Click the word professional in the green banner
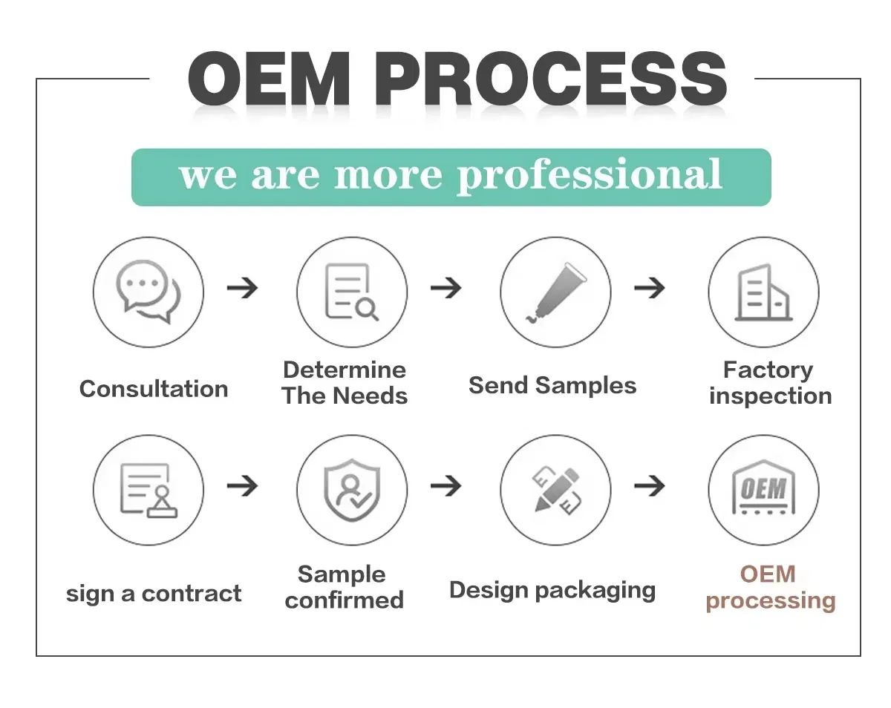[589, 176]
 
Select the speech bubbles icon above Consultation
[148, 292]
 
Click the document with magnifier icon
[351, 292]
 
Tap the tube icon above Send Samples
[555, 292]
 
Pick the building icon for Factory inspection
[763, 292]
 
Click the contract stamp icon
[148, 490]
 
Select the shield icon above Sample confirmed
[351, 490]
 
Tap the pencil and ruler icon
[555, 490]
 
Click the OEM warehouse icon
[763, 490]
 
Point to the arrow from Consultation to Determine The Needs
[242, 288]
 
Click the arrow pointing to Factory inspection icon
[650, 288]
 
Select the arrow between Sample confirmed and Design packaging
[446, 486]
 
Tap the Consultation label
[154, 389]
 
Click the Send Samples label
[552, 386]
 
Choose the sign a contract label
[154, 594]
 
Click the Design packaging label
[552, 591]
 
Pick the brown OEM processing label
[770, 587]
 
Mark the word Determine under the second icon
[345, 370]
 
